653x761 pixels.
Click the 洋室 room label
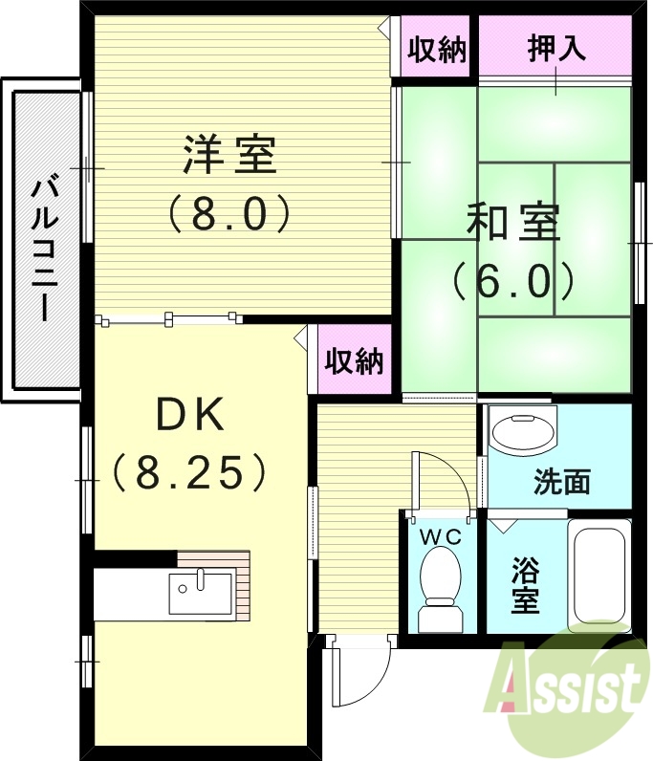point(229,156)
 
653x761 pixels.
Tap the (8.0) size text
point(229,214)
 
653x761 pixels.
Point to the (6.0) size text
point(512,279)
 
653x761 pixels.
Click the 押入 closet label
point(556,49)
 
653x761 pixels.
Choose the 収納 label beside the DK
point(354,361)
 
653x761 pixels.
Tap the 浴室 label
point(524,586)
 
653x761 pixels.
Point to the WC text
point(441,537)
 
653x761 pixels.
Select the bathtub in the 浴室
point(599,576)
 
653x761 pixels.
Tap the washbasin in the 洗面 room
point(522,433)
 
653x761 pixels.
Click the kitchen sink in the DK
point(201,592)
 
